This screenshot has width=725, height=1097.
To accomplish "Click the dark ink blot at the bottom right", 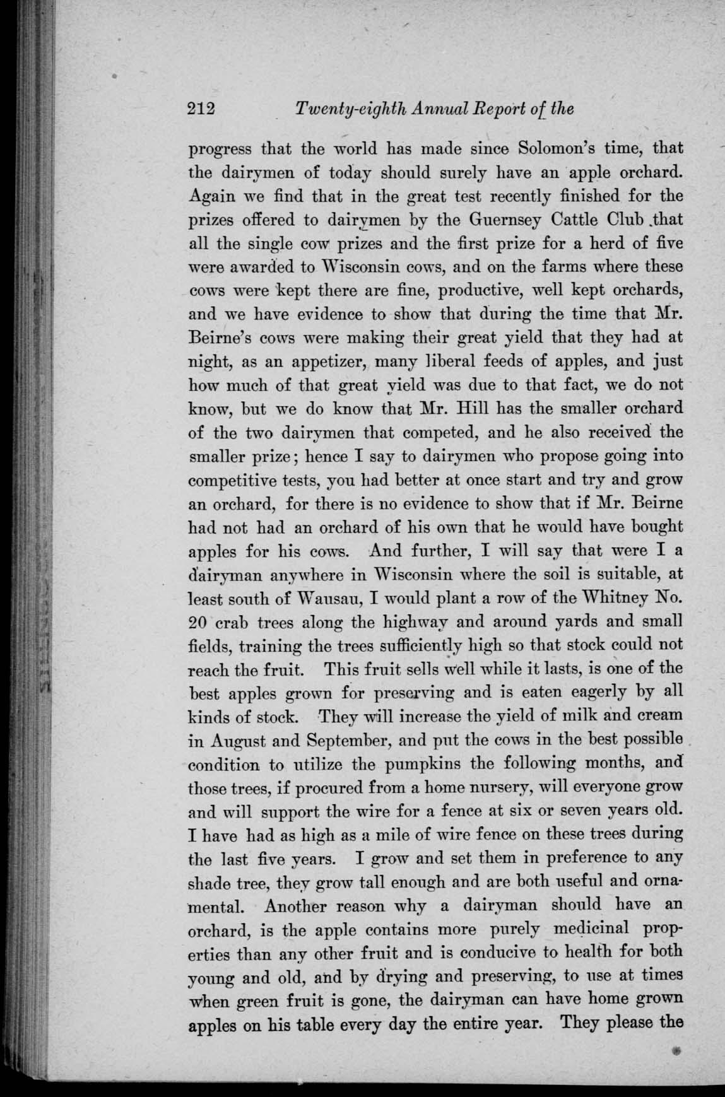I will coord(678,1051).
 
